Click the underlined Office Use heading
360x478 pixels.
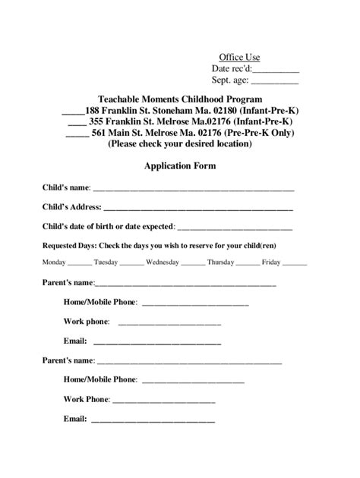coord(239,58)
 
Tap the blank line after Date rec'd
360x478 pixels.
coord(276,70)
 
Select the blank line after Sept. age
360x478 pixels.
coord(274,81)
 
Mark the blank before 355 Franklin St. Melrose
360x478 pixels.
coord(77,123)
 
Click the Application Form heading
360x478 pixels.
coord(180,165)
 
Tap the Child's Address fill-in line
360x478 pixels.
coord(198,208)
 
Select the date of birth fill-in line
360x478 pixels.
coord(235,227)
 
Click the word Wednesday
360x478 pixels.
coord(163,263)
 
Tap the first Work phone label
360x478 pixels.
coord(87,322)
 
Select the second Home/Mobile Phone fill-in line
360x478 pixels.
coord(193,380)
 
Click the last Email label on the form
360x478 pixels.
coord(74,418)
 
